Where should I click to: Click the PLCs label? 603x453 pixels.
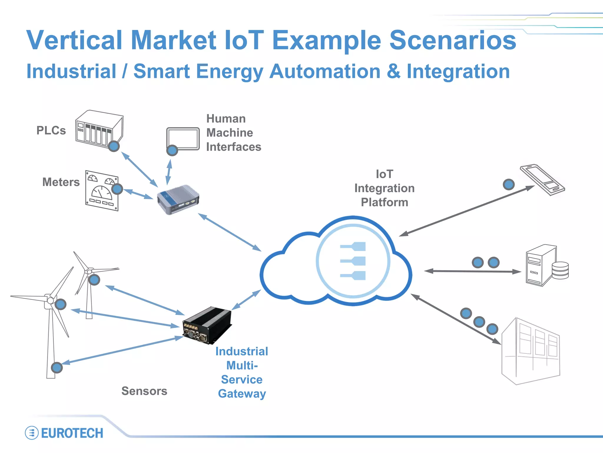[x=51, y=130]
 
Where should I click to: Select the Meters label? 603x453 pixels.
[x=61, y=182]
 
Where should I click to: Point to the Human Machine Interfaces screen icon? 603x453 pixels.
[x=183, y=138]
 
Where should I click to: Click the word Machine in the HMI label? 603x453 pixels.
[x=230, y=133]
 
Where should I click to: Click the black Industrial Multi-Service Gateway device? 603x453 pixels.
[x=207, y=325]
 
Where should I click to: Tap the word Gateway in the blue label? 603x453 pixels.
[x=242, y=394]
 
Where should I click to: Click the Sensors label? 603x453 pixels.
[x=144, y=391]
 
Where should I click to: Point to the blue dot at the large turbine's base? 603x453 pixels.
[x=57, y=367]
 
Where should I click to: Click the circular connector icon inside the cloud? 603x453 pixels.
[x=353, y=261]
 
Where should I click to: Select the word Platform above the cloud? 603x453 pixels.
[x=385, y=202]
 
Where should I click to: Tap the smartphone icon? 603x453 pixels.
[x=542, y=180]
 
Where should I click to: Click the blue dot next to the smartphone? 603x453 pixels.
[x=508, y=185]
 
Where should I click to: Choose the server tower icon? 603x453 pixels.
[x=538, y=265]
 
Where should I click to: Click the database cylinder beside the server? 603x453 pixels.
[x=560, y=270]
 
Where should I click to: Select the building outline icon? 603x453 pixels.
[x=531, y=351]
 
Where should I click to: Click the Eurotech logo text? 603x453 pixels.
[x=72, y=433]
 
